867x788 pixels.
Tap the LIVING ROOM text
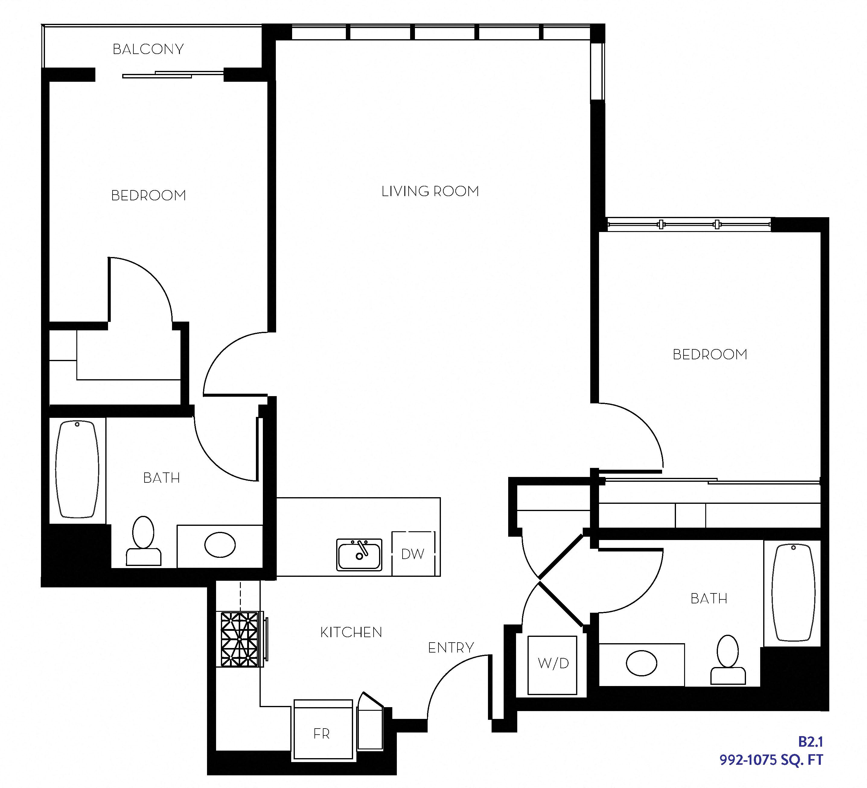click(430, 191)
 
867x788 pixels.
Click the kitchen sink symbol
click(359, 554)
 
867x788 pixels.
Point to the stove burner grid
click(240, 639)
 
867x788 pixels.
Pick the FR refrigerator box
click(323, 733)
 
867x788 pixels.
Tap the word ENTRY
click(451, 648)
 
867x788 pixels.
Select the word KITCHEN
click(351, 632)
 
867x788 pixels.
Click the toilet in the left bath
click(143, 542)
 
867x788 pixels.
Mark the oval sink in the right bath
click(641, 663)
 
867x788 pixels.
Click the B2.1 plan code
click(810, 742)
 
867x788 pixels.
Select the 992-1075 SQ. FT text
click(771, 760)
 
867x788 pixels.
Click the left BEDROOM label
click(148, 195)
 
